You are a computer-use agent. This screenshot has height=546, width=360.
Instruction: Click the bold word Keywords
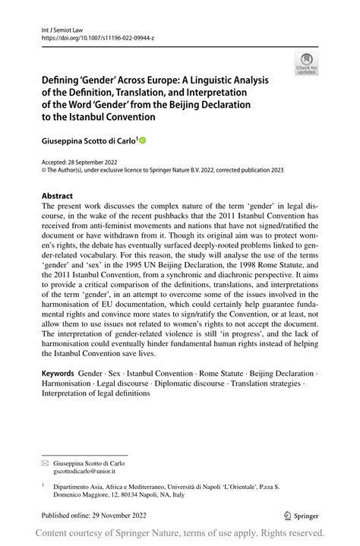coord(58,374)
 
